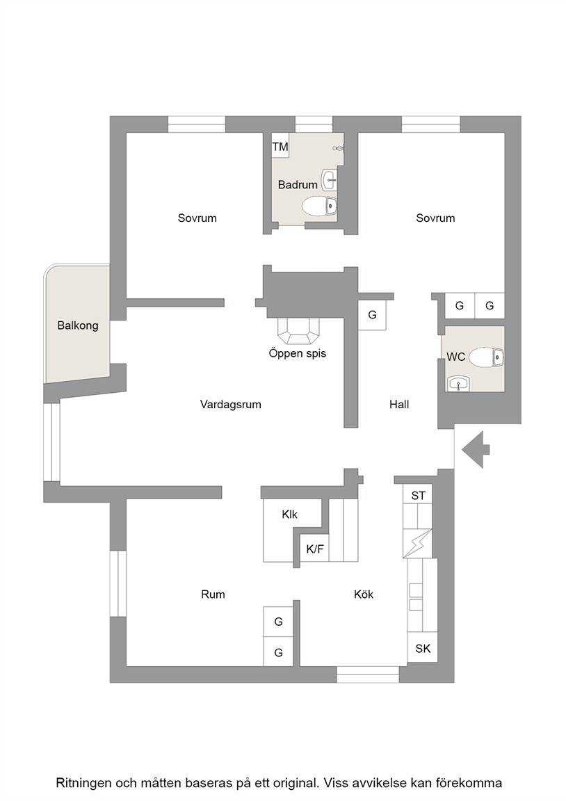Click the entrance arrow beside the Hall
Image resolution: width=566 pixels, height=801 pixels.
click(476, 450)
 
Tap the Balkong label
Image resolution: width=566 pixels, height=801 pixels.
click(78, 325)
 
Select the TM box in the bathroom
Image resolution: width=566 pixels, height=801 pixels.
click(280, 146)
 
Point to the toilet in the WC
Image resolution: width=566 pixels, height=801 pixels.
click(486, 357)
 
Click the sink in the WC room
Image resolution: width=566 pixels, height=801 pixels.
click(458, 383)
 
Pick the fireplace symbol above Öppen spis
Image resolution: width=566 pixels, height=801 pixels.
click(298, 330)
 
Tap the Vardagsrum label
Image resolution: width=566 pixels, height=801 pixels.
click(230, 405)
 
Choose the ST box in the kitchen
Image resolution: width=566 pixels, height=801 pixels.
click(418, 495)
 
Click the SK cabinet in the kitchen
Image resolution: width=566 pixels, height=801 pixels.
click(423, 648)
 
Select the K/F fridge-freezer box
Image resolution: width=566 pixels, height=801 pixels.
click(315, 549)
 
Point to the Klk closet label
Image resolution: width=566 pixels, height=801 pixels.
click(290, 515)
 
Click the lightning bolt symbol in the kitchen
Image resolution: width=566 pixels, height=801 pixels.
click(418, 544)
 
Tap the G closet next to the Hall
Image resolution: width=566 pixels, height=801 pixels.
click(373, 315)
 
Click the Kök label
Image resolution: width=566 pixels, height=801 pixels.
click(364, 594)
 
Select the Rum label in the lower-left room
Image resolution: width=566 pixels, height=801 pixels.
click(213, 594)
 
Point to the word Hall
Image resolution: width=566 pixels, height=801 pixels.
click(399, 405)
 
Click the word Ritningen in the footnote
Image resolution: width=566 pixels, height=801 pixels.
click(83, 783)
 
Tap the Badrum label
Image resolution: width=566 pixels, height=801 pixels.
click(298, 184)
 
